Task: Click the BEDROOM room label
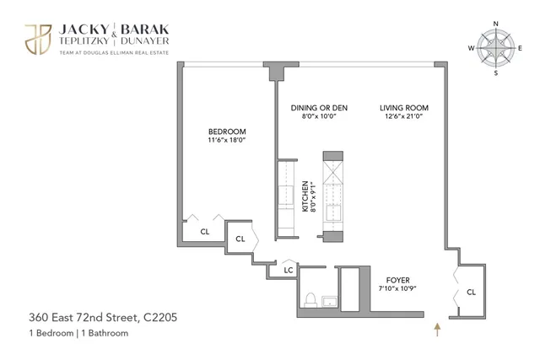227,132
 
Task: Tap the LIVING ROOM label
404,108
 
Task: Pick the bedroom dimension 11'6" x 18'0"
227,141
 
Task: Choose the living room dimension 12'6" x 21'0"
404,117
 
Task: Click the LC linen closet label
288,270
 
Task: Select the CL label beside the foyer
471,293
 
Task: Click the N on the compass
496,23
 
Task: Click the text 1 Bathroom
105,334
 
